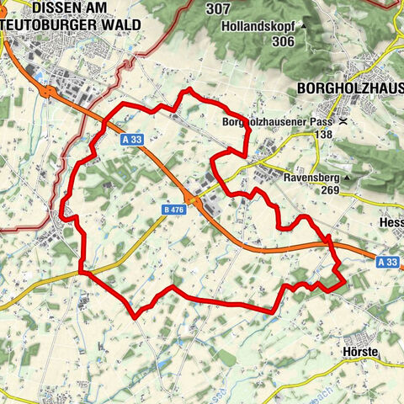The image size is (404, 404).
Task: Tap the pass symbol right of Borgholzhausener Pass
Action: [x=343, y=122]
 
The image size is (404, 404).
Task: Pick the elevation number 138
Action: [x=320, y=134]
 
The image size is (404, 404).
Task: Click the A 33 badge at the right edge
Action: [x=387, y=263]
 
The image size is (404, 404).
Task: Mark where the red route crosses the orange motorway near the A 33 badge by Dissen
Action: [x=104, y=127]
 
